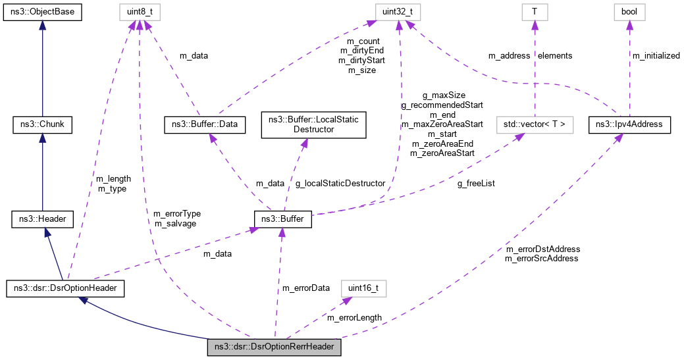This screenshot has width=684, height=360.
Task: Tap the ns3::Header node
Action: [x=42, y=219]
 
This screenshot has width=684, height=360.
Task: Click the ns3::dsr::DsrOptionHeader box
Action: [x=65, y=288]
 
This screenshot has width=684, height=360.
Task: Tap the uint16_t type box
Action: [x=363, y=288]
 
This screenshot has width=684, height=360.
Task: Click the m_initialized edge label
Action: [x=656, y=56]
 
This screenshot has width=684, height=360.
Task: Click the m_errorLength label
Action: [x=354, y=318]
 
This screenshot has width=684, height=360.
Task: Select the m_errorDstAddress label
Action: [x=542, y=249]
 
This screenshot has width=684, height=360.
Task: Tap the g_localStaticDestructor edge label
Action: [x=340, y=184]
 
